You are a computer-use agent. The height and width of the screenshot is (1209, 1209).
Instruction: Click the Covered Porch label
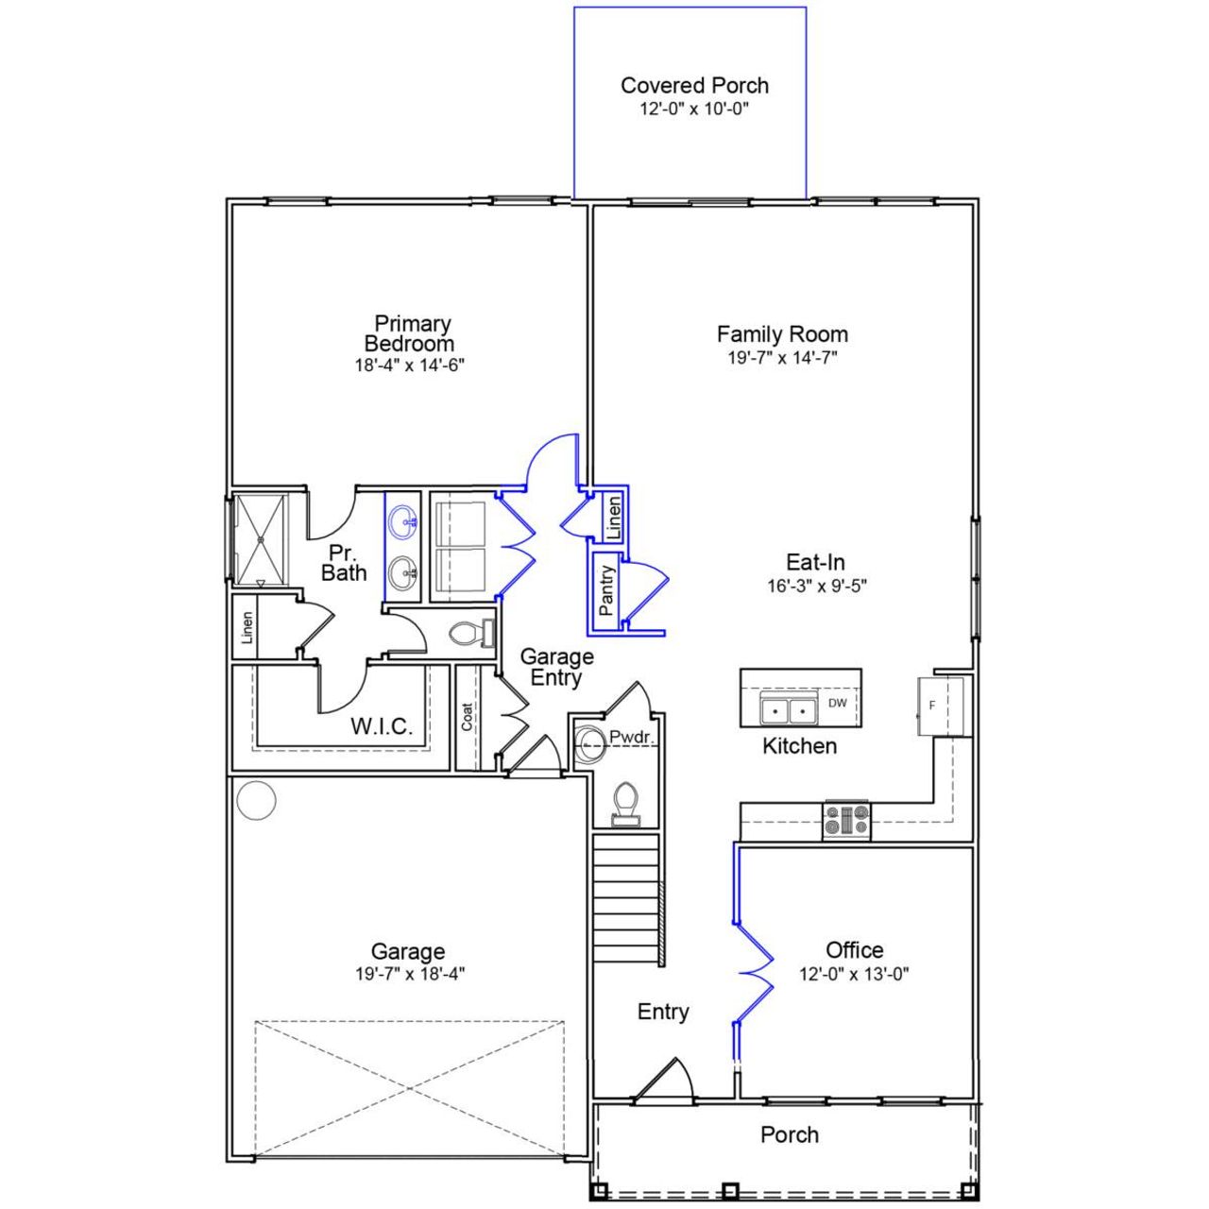click(x=694, y=85)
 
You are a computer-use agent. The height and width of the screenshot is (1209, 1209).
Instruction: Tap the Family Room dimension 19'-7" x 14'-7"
click(x=782, y=358)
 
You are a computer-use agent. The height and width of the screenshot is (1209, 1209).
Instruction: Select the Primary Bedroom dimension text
click(x=410, y=366)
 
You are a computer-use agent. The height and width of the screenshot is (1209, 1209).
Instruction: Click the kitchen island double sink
click(x=789, y=707)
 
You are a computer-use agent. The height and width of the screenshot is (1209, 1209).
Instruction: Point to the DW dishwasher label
click(x=837, y=703)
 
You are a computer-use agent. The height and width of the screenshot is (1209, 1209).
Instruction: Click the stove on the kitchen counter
click(x=847, y=820)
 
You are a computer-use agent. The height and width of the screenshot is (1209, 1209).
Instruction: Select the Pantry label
click(x=606, y=591)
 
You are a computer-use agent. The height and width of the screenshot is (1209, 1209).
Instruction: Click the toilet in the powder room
click(x=624, y=806)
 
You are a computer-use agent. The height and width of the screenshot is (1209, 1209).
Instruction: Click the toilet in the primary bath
click(x=469, y=634)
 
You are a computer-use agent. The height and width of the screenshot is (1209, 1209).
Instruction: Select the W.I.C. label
click(x=382, y=726)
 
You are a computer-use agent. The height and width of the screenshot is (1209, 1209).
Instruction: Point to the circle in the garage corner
click(x=255, y=801)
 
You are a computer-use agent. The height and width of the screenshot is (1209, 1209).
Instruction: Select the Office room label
click(x=854, y=950)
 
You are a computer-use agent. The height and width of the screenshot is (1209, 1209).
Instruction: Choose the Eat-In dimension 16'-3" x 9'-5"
click(x=816, y=586)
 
